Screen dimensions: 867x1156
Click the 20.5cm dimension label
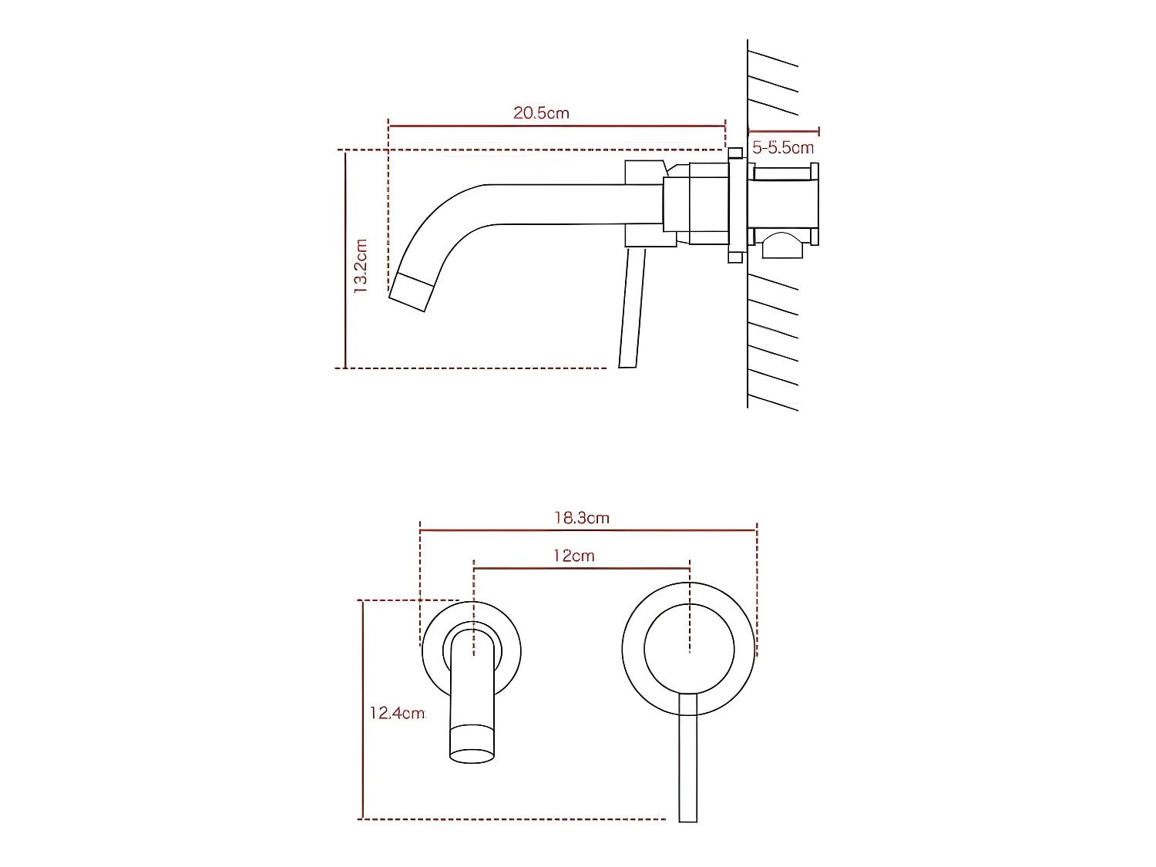(541, 113)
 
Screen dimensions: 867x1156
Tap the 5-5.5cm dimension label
(782, 147)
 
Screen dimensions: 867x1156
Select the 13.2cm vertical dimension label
(360, 266)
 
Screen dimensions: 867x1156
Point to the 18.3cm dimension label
(581, 518)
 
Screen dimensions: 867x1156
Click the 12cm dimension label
(573, 556)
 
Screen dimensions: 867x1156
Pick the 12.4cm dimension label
(397, 713)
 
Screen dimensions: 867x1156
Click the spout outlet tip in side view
(408, 292)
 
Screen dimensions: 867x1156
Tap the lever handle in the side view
(631, 308)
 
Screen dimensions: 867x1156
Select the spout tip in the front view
(472, 744)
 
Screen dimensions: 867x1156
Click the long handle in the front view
(688, 759)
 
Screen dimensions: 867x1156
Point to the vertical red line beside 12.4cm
(361, 710)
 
